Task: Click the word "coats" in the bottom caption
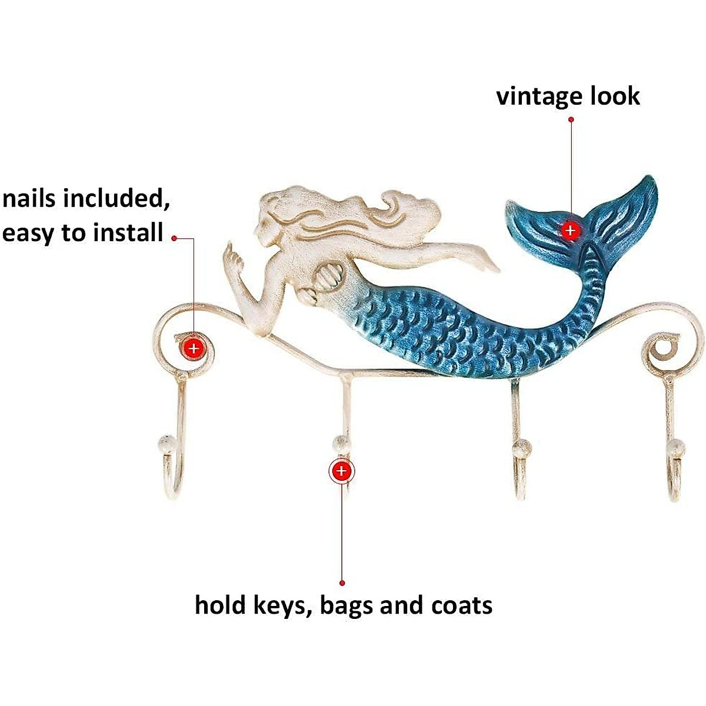462,605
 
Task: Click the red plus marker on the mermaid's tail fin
570,230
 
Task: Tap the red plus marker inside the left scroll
194,348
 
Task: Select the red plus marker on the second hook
341,471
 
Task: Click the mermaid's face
264,227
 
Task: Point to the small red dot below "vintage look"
571,119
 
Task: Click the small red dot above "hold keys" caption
342,582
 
